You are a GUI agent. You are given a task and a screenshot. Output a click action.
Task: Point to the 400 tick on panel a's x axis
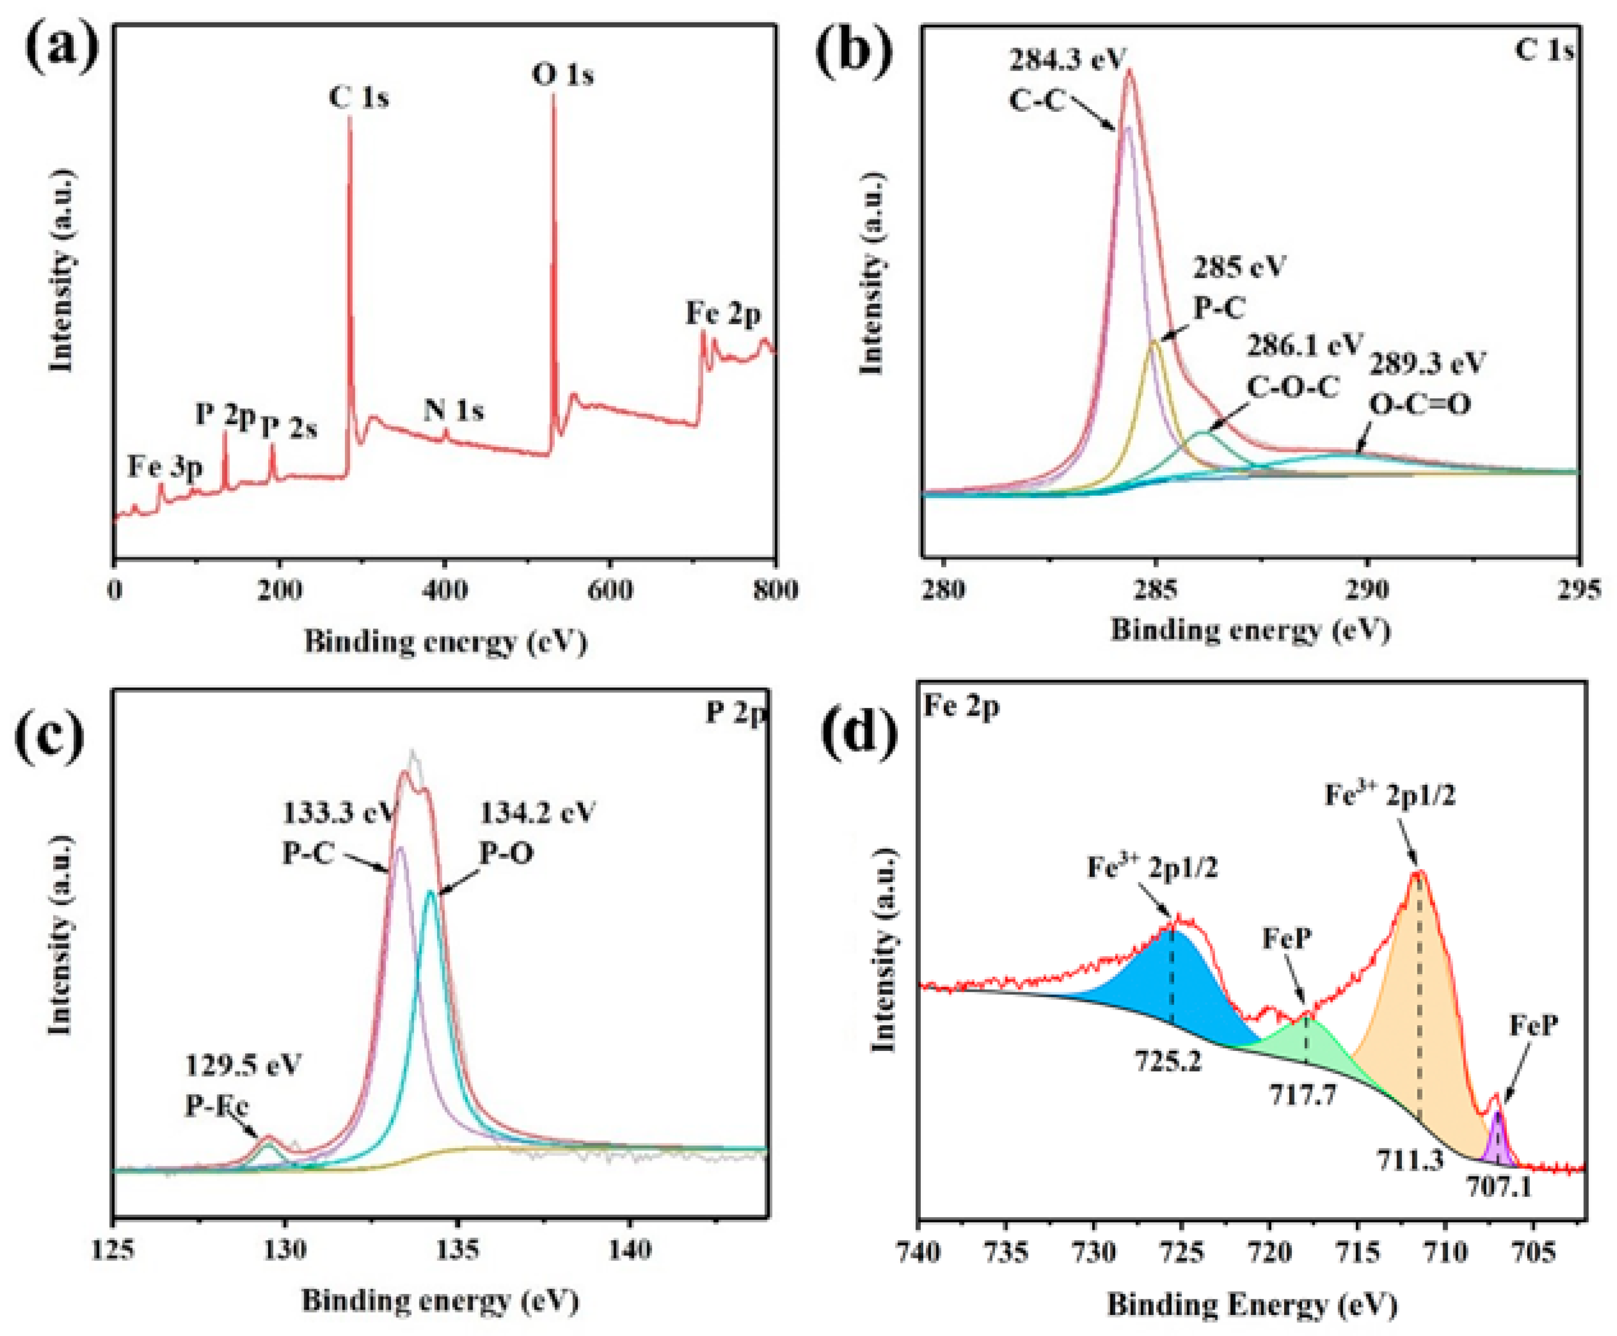445,591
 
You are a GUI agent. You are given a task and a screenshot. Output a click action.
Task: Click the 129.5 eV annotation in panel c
243,1065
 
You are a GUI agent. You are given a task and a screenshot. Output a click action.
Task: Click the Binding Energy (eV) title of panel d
1252,1304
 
